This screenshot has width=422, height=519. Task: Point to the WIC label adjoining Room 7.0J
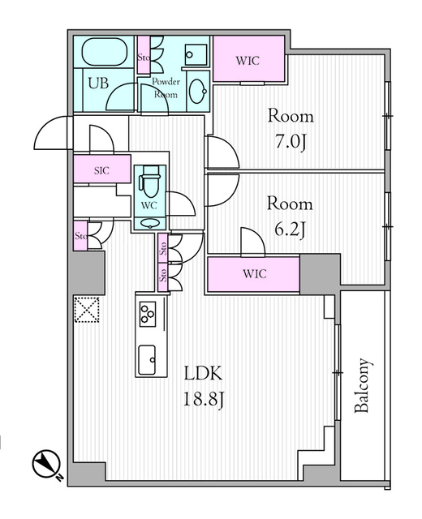(x=248, y=59)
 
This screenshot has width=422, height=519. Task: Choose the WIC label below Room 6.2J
(x=253, y=273)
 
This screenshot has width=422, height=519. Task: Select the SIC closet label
(x=101, y=170)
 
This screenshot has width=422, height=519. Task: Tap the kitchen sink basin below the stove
(x=149, y=358)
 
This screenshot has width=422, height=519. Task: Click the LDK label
(x=201, y=375)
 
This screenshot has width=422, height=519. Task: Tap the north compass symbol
(x=46, y=465)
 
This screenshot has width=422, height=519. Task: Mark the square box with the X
(x=85, y=309)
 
